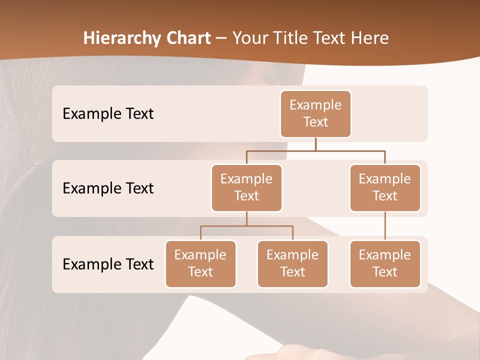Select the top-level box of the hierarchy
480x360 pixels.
click(x=315, y=113)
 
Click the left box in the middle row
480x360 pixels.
click(x=246, y=187)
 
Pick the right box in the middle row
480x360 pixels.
click(x=385, y=187)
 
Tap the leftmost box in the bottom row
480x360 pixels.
click(x=200, y=263)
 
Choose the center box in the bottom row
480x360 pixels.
click(x=292, y=263)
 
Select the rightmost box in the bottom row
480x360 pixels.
click(x=385, y=263)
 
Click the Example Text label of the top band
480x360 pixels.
click(x=108, y=113)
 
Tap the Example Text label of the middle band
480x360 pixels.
click(x=108, y=188)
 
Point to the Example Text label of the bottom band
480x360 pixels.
click(x=108, y=264)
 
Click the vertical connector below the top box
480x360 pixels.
click(x=315, y=144)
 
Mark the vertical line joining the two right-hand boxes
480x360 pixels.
click(x=385, y=226)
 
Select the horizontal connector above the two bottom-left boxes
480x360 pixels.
click(x=246, y=226)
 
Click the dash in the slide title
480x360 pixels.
click(x=221, y=39)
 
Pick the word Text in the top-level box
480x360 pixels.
click(x=315, y=122)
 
